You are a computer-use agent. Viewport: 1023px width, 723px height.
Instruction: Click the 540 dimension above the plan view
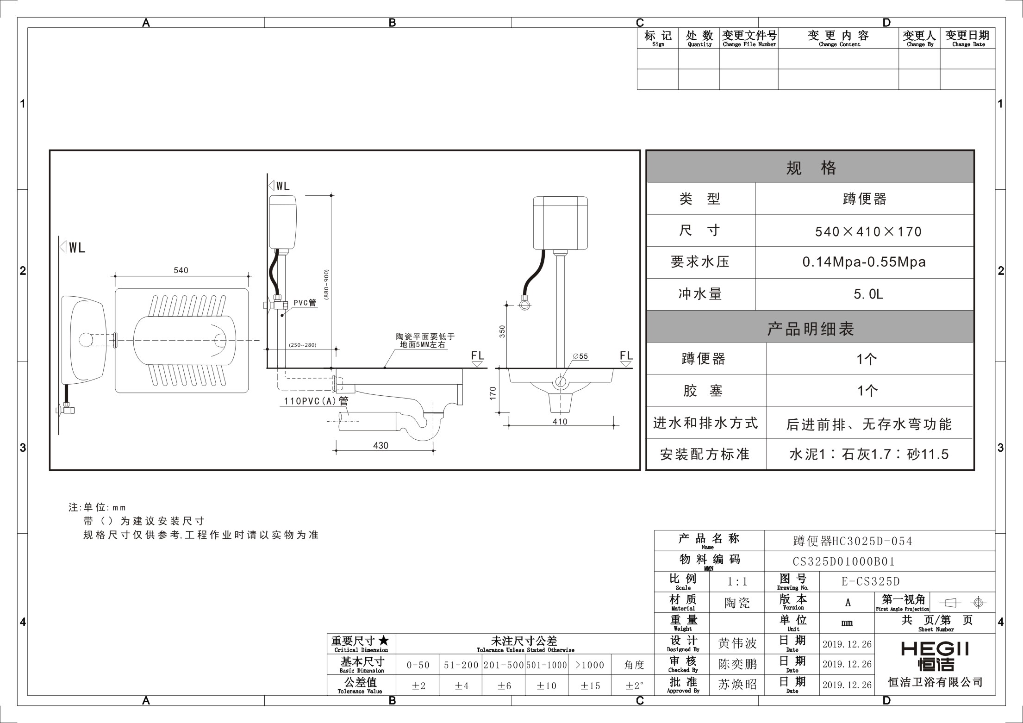[181, 270]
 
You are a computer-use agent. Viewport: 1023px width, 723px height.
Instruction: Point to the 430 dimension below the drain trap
[381, 445]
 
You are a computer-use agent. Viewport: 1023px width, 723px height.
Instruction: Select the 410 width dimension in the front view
[560, 422]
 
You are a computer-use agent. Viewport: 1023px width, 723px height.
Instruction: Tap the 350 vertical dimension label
[502, 331]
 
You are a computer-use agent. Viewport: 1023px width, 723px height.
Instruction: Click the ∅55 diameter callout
[580, 356]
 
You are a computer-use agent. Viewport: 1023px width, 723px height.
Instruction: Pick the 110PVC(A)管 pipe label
[316, 401]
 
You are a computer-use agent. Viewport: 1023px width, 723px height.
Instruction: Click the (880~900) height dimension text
[326, 286]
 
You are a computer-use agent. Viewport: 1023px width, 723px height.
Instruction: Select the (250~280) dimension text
[302, 345]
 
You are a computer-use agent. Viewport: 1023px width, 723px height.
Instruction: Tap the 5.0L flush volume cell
[868, 294]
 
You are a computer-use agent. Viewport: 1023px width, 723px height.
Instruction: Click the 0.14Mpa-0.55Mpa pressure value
[864, 262]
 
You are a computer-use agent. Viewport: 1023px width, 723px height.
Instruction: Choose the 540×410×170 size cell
[868, 231]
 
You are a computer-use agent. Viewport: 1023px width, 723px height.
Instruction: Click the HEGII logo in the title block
[935, 656]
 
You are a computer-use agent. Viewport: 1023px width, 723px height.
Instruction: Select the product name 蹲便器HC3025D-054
[853, 541]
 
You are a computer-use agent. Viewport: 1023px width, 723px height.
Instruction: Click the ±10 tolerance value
[546, 686]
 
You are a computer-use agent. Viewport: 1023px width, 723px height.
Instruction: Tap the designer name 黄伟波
[737, 643]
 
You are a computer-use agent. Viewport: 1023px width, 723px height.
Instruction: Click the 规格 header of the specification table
[811, 168]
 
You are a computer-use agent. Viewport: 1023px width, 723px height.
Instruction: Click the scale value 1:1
[737, 582]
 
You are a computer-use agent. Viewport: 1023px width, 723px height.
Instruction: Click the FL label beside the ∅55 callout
[626, 355]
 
